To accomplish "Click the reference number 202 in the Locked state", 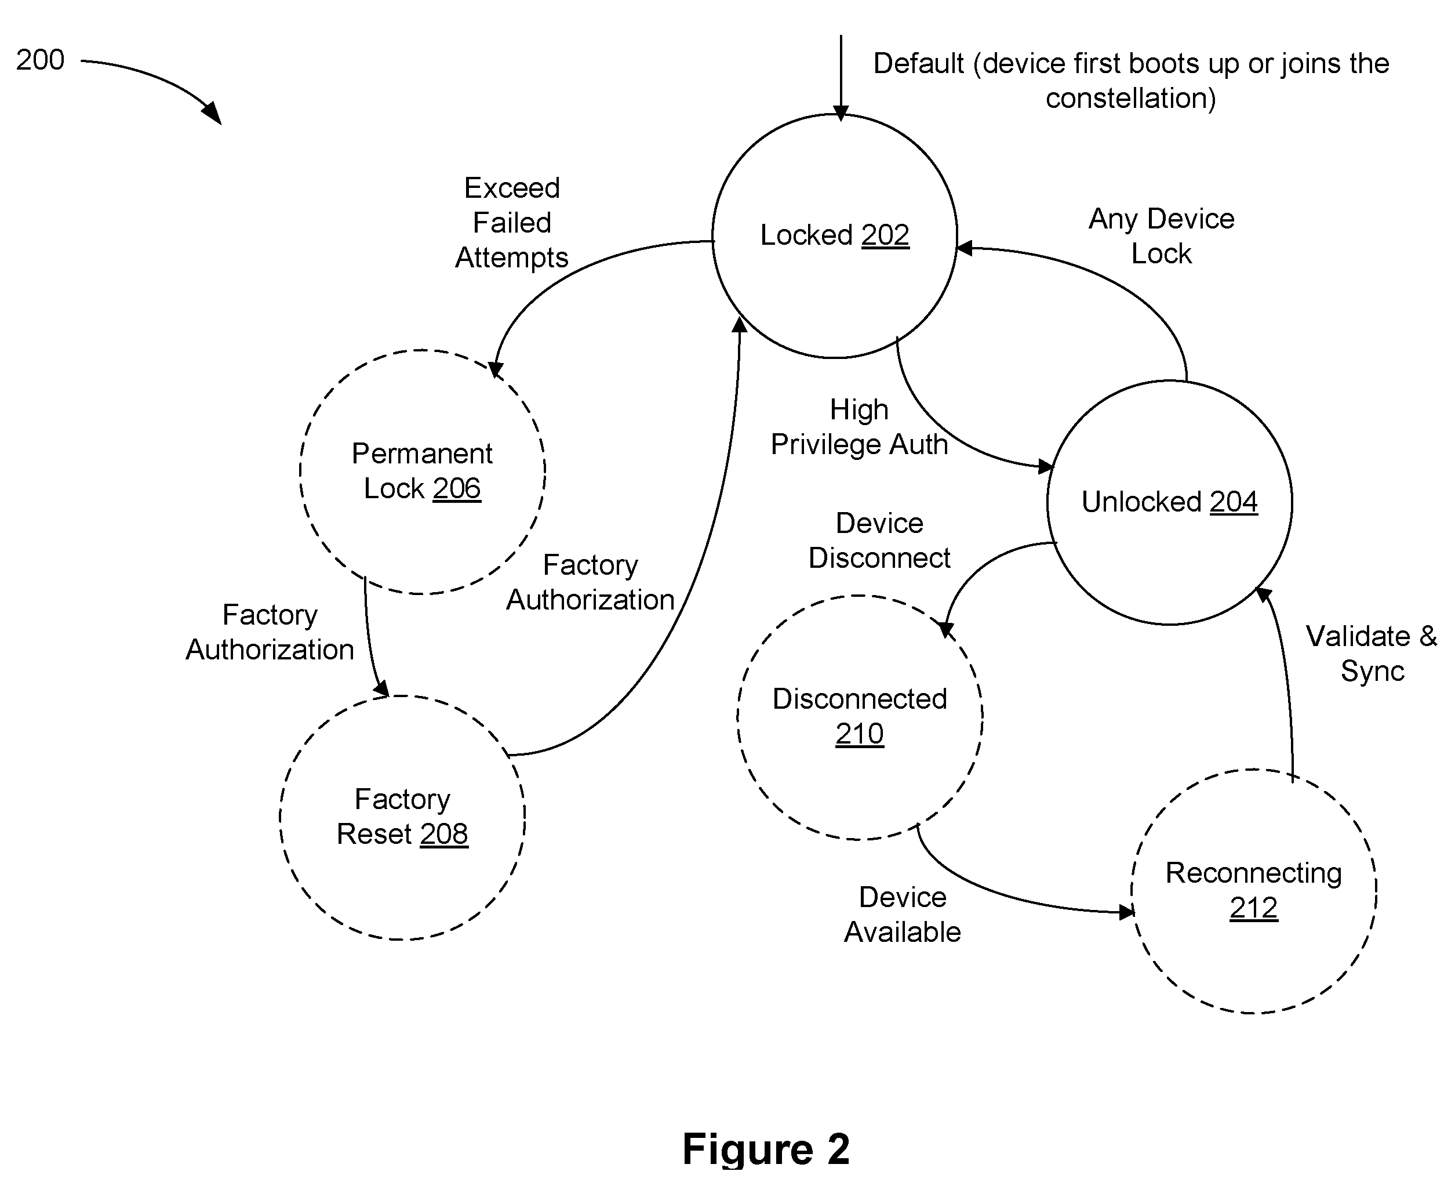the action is (885, 235).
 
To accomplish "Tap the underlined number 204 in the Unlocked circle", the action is (1234, 502).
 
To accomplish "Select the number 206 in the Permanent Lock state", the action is (457, 489).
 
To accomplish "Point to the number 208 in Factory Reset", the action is (443, 834).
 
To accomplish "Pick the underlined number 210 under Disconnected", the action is (859, 733).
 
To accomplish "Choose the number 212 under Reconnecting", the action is (1253, 907).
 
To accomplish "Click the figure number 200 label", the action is (40, 60).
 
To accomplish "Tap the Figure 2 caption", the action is (766, 1149).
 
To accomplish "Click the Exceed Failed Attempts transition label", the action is (511, 223).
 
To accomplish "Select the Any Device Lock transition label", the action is (1161, 237).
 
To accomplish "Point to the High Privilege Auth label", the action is (859, 427).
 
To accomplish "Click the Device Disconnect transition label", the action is (879, 541).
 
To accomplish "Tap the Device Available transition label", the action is (902, 915).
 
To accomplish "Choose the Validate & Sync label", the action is (1372, 654).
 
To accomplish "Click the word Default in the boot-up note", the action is (919, 64).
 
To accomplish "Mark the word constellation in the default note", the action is (1124, 99).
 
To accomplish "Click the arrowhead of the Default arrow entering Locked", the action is (841, 114).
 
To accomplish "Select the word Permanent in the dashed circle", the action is (422, 454).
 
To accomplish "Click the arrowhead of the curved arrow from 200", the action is (213, 113).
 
